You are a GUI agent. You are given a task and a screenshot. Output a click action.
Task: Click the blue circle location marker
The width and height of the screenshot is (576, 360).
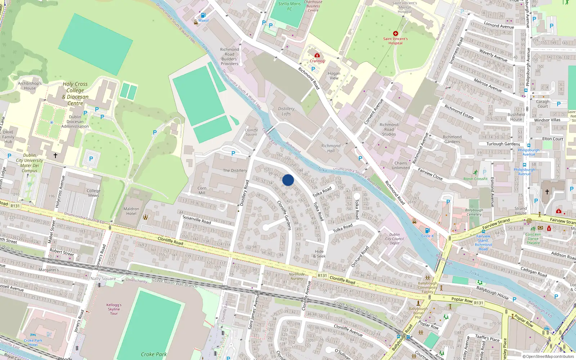288,180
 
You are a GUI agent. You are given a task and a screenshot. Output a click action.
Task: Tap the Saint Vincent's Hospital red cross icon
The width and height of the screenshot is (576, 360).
395,33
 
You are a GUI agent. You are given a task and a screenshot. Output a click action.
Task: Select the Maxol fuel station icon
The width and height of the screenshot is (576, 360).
203,15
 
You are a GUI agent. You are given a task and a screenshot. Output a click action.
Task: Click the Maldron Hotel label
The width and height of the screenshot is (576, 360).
131,211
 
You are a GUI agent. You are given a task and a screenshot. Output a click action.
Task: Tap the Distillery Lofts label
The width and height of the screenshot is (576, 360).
286,111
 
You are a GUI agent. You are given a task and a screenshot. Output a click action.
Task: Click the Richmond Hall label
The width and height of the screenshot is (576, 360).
331,148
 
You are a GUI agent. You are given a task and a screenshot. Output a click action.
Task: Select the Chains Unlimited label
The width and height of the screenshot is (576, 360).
401,165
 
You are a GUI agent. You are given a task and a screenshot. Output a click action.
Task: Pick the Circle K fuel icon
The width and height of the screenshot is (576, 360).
427,230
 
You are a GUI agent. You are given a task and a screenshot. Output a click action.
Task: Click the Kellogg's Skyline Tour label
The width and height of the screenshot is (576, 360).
114,309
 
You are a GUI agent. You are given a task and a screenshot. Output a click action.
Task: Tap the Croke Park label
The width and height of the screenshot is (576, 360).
154,354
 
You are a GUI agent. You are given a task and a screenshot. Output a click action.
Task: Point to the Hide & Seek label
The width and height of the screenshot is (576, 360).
319,254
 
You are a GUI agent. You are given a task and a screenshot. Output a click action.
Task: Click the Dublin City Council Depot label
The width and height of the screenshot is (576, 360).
395,239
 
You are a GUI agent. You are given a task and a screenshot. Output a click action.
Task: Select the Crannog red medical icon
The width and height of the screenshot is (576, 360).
317,55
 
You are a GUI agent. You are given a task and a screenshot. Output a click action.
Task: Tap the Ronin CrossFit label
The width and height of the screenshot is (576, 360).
476,179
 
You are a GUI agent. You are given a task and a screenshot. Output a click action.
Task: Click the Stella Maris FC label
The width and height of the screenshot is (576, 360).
289,6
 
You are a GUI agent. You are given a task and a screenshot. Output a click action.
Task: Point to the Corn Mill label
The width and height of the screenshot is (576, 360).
202,190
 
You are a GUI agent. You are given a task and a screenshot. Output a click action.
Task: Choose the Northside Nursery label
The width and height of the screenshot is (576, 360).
297,276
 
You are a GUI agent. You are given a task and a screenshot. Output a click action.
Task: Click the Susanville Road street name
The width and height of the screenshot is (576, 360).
197,219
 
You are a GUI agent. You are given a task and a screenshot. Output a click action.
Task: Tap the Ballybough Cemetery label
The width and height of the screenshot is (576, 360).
474,212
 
